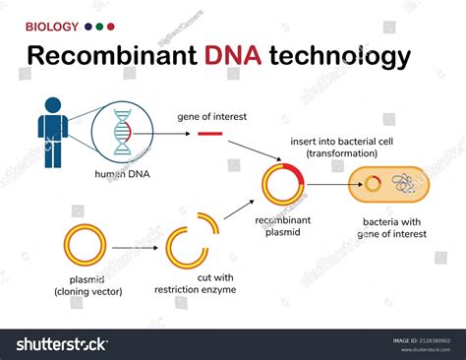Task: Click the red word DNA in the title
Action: [x=234, y=56]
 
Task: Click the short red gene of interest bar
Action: [x=210, y=134]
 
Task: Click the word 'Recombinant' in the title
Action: [x=110, y=56]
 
